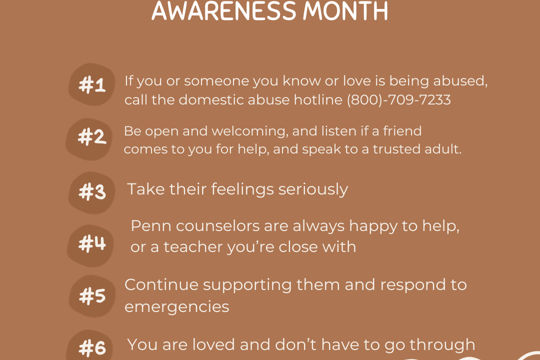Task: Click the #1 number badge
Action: [91, 84]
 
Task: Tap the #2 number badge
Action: [89, 139]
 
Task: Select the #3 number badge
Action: [91, 193]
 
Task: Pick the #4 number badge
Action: [90, 245]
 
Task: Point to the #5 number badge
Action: [92, 296]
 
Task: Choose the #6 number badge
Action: [90, 345]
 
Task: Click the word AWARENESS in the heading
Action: [224, 10]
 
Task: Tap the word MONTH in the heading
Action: [345, 10]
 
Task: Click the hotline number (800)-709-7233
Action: [398, 100]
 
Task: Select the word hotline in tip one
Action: [318, 99]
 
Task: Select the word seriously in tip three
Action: [313, 189]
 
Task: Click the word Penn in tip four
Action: [151, 226]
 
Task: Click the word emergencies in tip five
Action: [176, 307]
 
